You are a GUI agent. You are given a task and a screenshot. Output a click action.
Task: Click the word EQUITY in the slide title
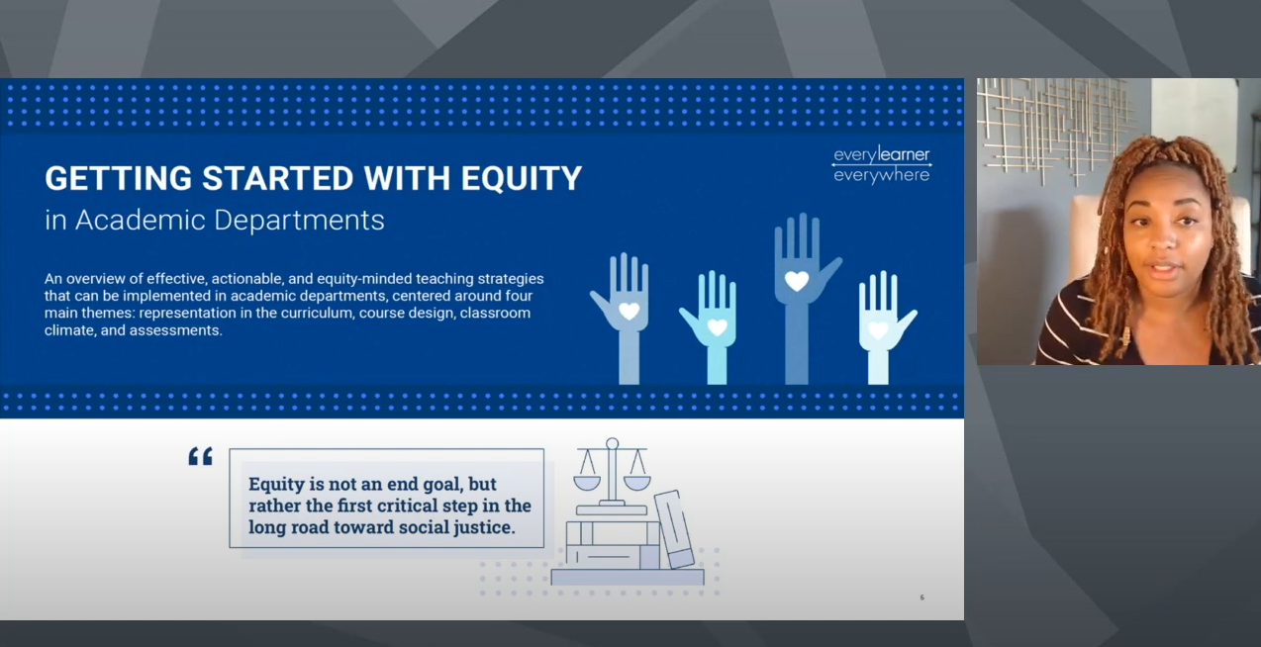(x=522, y=178)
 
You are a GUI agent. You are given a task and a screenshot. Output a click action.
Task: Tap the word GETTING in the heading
(x=118, y=178)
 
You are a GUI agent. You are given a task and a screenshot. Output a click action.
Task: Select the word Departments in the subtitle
(x=299, y=220)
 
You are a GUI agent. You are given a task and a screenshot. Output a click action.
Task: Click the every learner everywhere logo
(x=882, y=164)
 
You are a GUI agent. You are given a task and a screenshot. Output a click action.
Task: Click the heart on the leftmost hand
(x=629, y=311)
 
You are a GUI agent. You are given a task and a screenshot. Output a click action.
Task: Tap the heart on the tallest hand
(x=797, y=280)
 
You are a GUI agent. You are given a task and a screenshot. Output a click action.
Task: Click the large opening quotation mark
(x=200, y=456)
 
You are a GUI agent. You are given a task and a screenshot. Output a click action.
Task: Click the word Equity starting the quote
(x=276, y=485)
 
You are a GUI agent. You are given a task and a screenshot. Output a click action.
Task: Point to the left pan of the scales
(x=587, y=484)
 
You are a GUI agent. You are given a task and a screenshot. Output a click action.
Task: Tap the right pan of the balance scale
(x=637, y=484)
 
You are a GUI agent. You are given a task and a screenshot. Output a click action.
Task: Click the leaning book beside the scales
(x=674, y=529)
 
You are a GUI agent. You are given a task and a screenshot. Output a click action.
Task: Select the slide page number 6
(x=922, y=597)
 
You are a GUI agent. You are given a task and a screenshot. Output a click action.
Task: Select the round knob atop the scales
(x=613, y=443)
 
